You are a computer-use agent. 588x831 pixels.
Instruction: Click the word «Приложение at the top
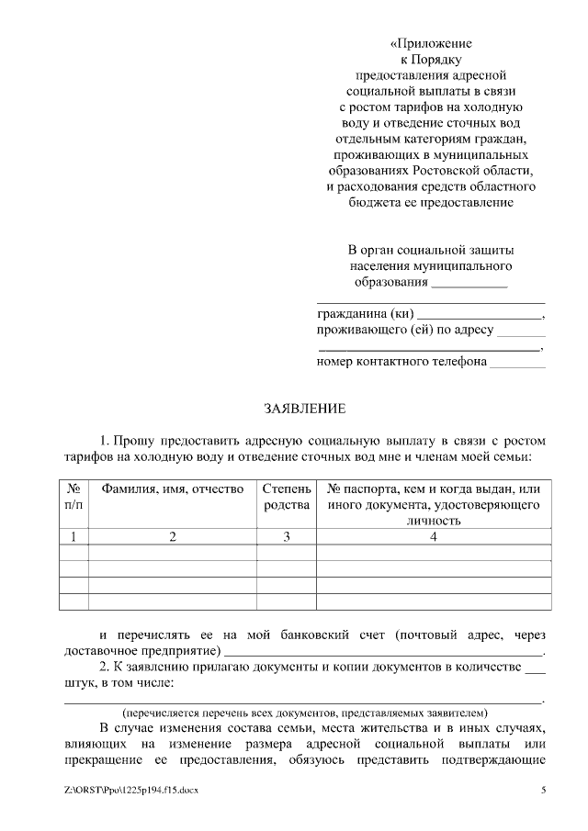(x=431, y=43)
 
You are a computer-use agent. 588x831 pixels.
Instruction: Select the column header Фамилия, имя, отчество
(x=172, y=489)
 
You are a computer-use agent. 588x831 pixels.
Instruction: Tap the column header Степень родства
(x=287, y=497)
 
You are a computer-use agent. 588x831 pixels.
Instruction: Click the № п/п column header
(x=73, y=497)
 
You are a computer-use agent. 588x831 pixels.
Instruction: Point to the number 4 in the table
(x=433, y=537)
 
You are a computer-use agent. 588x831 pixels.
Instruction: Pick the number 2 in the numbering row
(x=172, y=537)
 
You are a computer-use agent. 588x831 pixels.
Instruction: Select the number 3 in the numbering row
(x=287, y=537)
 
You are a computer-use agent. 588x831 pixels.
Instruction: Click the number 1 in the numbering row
(x=73, y=537)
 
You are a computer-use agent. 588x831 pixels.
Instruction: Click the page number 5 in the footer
(x=543, y=790)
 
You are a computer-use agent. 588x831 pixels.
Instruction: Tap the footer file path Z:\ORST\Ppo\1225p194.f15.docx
(x=131, y=790)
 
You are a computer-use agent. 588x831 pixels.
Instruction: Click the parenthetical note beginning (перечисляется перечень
(x=305, y=713)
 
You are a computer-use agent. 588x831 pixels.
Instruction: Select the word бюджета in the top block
(x=374, y=202)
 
